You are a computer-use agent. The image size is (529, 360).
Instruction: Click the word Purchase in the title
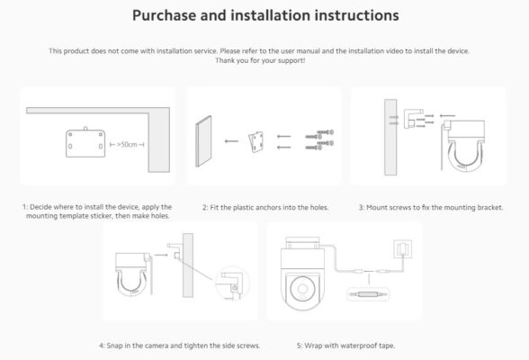click(164, 15)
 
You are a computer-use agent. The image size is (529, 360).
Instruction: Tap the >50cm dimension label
click(127, 145)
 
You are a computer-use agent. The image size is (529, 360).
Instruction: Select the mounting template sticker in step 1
click(85, 143)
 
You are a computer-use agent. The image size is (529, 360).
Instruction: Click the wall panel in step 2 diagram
click(203, 141)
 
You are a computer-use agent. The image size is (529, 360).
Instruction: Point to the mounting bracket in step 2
click(256, 142)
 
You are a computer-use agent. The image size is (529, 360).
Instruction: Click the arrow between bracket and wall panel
click(231, 141)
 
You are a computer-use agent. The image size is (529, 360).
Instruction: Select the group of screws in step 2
click(319, 139)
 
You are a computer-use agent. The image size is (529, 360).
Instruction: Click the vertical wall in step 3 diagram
click(390, 138)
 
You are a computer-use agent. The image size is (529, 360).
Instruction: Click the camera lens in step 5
click(302, 289)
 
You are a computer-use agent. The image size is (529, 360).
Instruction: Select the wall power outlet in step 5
click(402, 249)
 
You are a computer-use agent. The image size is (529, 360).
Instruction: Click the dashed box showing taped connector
click(368, 294)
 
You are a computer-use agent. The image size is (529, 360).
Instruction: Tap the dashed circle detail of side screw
click(232, 283)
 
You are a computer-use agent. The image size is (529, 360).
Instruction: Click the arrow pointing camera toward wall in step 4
click(161, 255)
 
